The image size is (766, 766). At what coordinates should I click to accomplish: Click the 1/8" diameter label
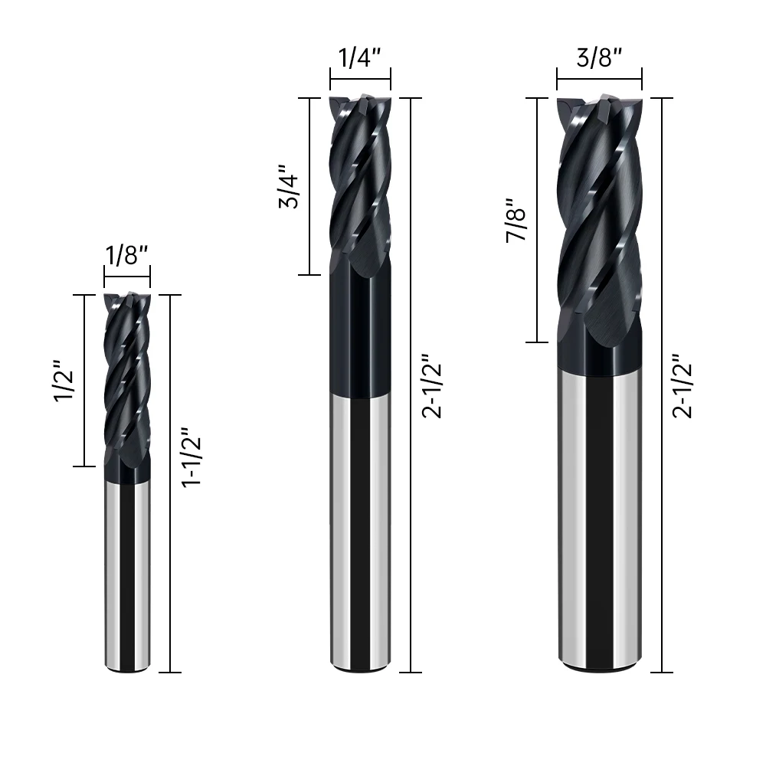[x=126, y=255]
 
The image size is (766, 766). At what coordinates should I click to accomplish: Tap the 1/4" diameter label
[x=359, y=57]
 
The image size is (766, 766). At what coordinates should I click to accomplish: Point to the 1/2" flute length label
[x=64, y=381]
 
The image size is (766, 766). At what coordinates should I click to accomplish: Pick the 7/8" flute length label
[x=516, y=221]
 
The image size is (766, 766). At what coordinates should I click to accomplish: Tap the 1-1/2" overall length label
[x=191, y=457]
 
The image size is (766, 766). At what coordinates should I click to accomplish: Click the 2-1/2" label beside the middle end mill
[x=432, y=386]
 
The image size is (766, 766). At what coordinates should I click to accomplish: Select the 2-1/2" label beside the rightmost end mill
[x=683, y=386]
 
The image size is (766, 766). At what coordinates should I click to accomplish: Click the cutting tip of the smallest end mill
[x=127, y=296]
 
